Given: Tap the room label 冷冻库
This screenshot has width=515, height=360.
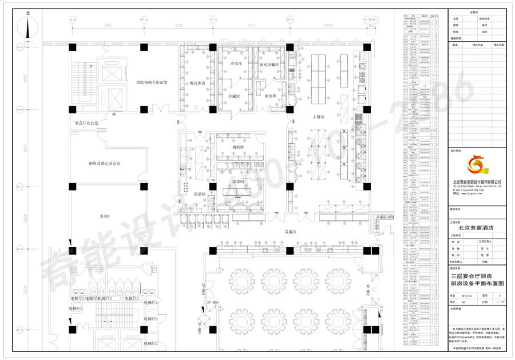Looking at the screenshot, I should pyautogui.click(x=236, y=64).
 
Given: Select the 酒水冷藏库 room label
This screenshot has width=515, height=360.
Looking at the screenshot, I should pyautogui.click(x=268, y=65).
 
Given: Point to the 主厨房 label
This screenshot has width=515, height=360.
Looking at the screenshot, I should pyautogui.click(x=318, y=117).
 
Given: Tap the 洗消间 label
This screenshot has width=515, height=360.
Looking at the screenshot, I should pyautogui.click(x=199, y=193).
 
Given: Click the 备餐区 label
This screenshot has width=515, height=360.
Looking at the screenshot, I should pyautogui.click(x=290, y=232).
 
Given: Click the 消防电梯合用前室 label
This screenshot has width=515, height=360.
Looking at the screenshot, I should pyautogui.click(x=152, y=83).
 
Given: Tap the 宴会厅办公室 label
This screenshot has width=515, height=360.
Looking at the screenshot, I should pyautogui.click(x=86, y=123).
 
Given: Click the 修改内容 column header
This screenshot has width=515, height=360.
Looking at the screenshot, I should pyautogui.click(x=478, y=44).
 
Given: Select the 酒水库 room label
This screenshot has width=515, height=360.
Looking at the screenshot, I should pyautogui.click(x=269, y=96).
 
